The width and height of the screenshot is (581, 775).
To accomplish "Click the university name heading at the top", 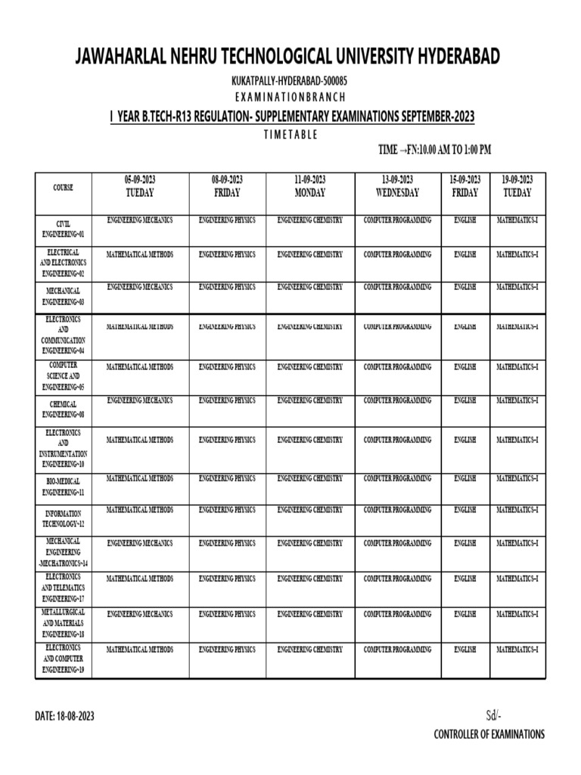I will [x=287, y=57].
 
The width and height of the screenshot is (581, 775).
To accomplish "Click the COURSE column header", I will [x=63, y=187].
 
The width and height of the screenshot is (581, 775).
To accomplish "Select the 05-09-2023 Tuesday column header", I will [x=139, y=186].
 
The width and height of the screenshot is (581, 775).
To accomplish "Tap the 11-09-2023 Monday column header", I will [x=309, y=186].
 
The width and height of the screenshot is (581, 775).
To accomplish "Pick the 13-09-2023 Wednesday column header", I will [x=397, y=186].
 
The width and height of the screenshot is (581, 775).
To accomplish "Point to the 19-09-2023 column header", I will [x=517, y=186].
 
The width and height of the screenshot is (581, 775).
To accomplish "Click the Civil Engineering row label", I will [x=63, y=229].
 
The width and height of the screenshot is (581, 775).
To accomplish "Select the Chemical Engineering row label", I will [x=63, y=409].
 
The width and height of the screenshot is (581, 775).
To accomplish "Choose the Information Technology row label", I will [x=63, y=518].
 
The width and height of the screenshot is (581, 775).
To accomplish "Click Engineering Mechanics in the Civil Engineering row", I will [x=139, y=219].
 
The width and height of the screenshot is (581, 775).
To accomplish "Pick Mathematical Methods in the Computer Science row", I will [x=139, y=367].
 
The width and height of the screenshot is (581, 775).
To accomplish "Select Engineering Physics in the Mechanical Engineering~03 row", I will [x=227, y=288].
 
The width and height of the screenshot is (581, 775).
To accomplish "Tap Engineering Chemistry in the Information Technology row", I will [x=309, y=510].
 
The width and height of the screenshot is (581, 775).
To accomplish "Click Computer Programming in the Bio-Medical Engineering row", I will [x=397, y=478].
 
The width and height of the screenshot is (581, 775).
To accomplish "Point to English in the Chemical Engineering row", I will [x=464, y=400].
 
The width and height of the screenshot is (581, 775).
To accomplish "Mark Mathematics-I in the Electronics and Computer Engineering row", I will [x=517, y=649].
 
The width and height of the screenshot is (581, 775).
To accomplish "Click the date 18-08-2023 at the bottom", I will [x=64, y=716].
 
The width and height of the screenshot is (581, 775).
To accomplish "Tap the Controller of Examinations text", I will [x=489, y=734].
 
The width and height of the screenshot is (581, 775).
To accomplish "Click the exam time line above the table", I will [x=434, y=150].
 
